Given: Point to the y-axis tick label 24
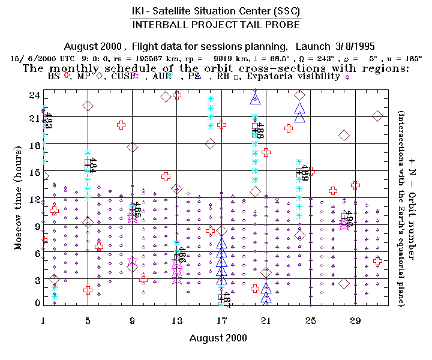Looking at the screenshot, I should pyautogui.click(x=34, y=95).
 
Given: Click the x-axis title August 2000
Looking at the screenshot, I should pyautogui.click(x=218, y=338).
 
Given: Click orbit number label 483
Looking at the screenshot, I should pyautogui.click(x=49, y=121).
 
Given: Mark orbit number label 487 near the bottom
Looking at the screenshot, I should pyautogui.click(x=226, y=299).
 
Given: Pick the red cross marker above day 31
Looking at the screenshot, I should pyautogui.click(x=377, y=260).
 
